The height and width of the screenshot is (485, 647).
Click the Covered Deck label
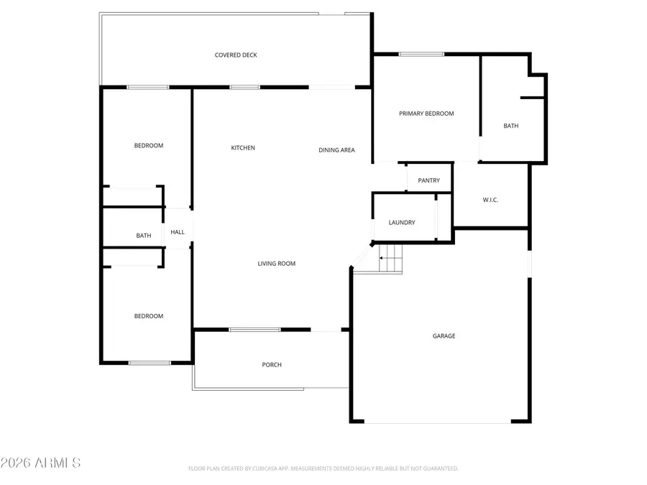pyautogui.click(x=236, y=55)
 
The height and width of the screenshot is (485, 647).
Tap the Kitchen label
pyautogui.click(x=243, y=148)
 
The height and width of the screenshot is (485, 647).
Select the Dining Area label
pyautogui.click(x=336, y=150)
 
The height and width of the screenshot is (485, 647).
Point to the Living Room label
pyautogui.click(x=277, y=264)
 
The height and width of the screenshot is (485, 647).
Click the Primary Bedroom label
pyautogui.click(x=426, y=114)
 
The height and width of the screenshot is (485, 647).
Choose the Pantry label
pyautogui.click(x=428, y=180)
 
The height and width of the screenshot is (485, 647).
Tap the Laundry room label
pyautogui.click(x=402, y=223)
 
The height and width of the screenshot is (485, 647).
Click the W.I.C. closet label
pyautogui.click(x=490, y=200)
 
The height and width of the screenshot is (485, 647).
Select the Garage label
pyautogui.click(x=444, y=336)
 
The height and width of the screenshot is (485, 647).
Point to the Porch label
pyautogui.click(x=272, y=365)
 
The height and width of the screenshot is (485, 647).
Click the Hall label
pyautogui.click(x=178, y=232)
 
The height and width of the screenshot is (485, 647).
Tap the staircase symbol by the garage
pyautogui.click(x=390, y=258)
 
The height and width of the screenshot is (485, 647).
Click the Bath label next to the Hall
pyautogui.click(x=144, y=236)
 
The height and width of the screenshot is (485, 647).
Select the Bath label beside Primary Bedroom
pyautogui.click(x=510, y=126)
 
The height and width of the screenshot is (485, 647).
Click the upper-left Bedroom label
pyautogui.click(x=149, y=146)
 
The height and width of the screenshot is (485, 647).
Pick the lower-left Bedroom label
pyautogui.click(x=149, y=316)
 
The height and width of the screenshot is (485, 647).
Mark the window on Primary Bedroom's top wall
pyautogui.click(x=421, y=54)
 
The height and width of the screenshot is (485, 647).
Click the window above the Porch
pyautogui.click(x=254, y=330)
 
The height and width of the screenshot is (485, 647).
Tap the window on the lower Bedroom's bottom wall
pyautogui.click(x=150, y=363)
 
